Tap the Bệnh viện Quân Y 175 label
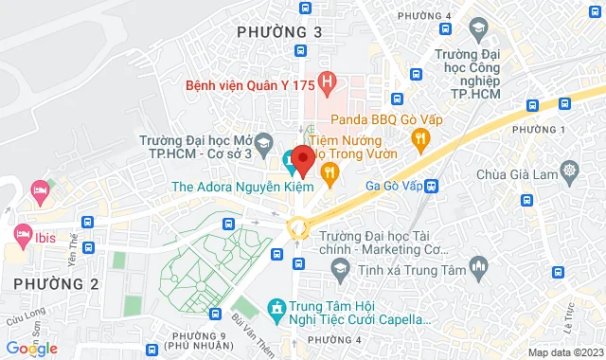(x=250, y=85)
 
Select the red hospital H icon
(x=328, y=82)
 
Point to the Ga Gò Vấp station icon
(x=432, y=187)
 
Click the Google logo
(x=30, y=349)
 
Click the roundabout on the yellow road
(x=298, y=226)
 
